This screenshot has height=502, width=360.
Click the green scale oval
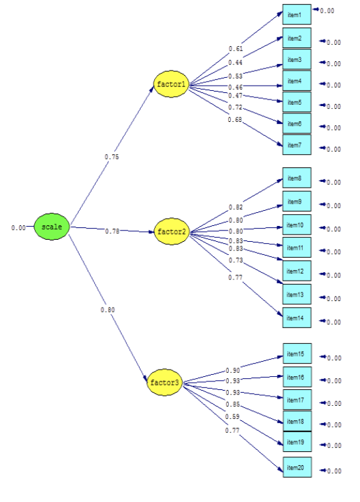pos(51,227)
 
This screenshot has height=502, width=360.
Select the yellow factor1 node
pos(171,85)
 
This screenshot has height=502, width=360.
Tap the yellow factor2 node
pos(171,233)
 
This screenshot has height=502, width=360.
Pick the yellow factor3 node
pos(164,383)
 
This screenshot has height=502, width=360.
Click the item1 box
pos(296,14)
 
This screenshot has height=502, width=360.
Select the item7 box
pos(296,145)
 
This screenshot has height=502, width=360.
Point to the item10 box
pos(296,226)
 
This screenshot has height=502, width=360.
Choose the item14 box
pos(296,318)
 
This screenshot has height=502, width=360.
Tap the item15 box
pos(296,354)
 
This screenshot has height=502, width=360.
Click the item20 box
pos(296,467)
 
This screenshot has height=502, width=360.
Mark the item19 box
pos(296,442)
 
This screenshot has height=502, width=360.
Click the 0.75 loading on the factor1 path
pos(111,157)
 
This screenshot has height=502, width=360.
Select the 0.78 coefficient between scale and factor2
pos(111,231)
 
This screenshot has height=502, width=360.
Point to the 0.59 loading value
pos(233,416)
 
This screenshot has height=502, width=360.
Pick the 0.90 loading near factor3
pos(233,371)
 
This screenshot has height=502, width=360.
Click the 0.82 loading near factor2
pos(235,208)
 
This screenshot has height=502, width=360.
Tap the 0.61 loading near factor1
pos(235,49)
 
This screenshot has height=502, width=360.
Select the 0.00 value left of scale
pos(18,228)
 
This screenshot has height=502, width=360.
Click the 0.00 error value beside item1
pos(327,11)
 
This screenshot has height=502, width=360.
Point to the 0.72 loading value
pos(235,107)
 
